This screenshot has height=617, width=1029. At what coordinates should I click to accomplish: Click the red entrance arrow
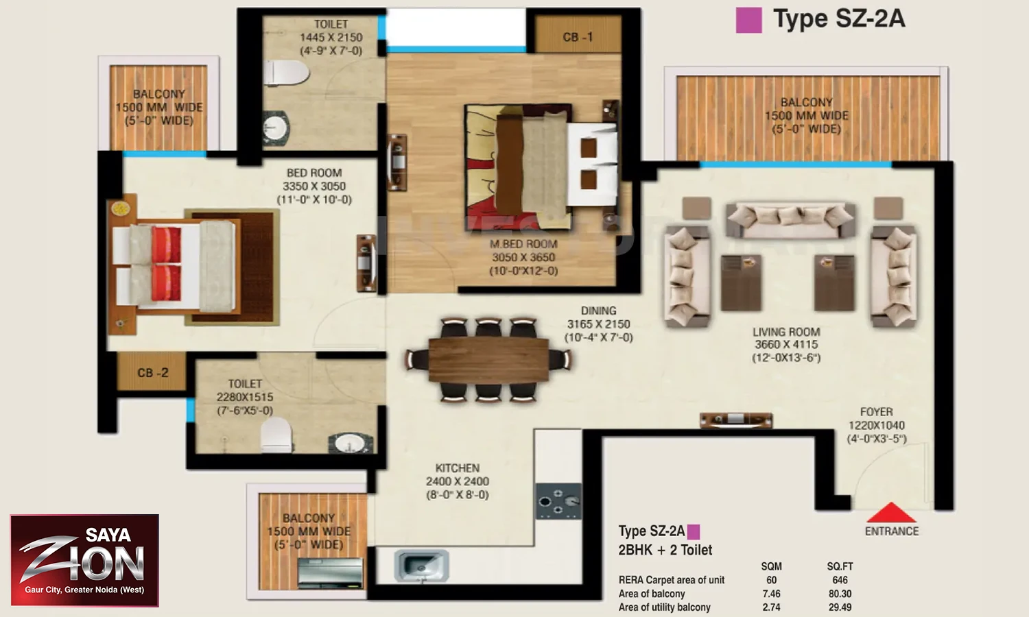point(891,512)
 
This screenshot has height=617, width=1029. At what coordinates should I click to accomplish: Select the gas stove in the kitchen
point(558,501)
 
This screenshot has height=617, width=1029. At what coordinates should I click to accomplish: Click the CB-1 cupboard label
point(578,37)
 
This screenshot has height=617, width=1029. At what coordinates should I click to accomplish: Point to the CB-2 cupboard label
point(153,373)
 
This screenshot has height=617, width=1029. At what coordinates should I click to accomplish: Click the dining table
point(488,360)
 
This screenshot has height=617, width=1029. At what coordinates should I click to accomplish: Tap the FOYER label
point(877,412)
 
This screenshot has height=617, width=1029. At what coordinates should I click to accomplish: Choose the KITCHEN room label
point(458,468)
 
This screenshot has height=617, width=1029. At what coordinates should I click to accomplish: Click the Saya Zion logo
point(84,561)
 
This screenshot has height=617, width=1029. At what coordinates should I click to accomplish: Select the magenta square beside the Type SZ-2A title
point(749,20)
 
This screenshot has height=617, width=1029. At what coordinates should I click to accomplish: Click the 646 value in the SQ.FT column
point(840,580)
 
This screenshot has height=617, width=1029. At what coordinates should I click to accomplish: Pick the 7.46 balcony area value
point(771,594)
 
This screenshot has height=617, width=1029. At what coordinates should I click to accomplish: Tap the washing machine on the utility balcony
point(330,572)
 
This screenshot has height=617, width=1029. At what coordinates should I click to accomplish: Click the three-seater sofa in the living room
point(791,219)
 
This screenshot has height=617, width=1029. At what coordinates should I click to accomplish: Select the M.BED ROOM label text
point(523,244)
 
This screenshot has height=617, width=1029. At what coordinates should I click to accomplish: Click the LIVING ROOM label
point(786,331)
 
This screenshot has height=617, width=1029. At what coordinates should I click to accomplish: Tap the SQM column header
point(771,566)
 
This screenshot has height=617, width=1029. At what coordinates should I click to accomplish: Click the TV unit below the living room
point(736,420)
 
